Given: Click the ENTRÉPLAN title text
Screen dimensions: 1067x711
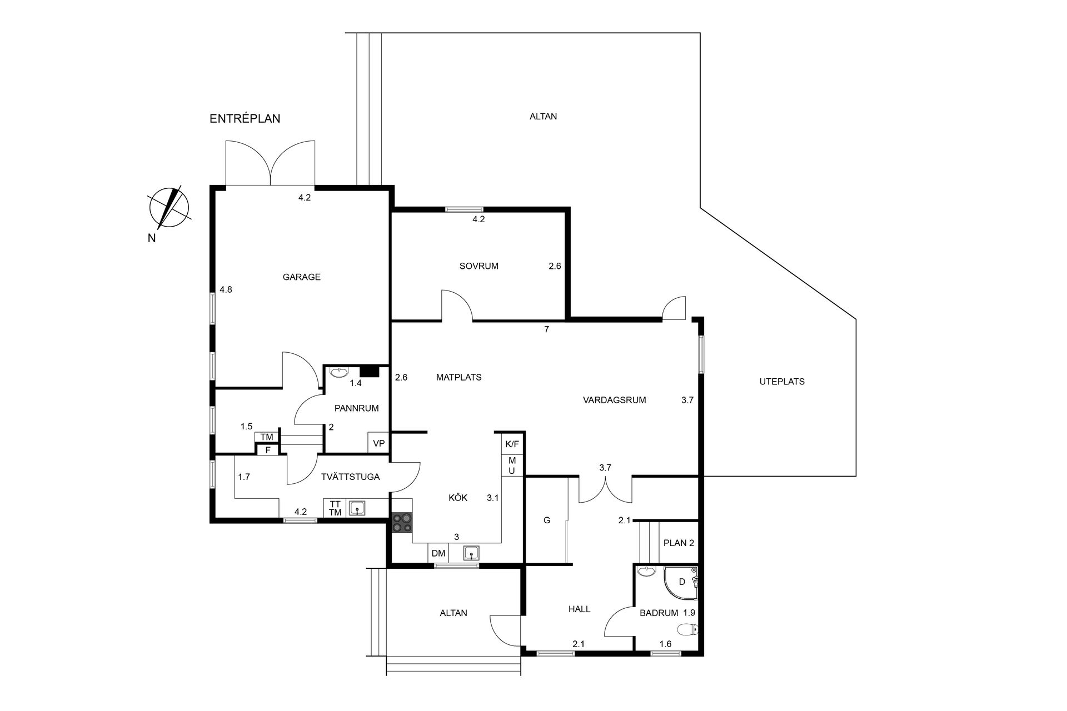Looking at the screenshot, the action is click(245, 118).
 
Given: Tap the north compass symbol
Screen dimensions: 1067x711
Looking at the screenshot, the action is click(169, 208).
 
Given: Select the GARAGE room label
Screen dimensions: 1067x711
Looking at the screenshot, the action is click(302, 277).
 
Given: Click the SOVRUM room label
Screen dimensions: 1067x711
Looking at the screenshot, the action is click(479, 266).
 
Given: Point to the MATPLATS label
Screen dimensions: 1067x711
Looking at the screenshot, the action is click(458, 378).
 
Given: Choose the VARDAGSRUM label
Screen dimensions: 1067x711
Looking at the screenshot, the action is click(615, 400).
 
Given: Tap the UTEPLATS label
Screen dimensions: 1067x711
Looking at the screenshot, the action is click(782, 382).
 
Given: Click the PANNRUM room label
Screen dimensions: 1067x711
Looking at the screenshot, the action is click(356, 408).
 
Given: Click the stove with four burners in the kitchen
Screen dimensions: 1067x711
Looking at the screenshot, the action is click(402, 523).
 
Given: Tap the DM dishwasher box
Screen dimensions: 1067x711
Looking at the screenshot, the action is click(439, 553).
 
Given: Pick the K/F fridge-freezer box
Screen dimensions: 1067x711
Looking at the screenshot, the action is click(512, 444).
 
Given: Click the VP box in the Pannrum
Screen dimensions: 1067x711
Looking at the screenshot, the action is click(379, 443).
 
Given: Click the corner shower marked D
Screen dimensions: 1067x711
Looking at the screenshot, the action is click(681, 583).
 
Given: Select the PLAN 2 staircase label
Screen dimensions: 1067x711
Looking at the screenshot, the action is click(679, 543).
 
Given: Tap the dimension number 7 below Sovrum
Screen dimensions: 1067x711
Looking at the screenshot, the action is click(547, 329).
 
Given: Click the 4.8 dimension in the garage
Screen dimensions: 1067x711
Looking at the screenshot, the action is click(226, 289).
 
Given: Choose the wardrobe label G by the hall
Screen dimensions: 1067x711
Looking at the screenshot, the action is click(547, 520).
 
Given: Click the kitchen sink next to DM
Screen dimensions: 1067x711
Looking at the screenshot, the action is click(472, 553).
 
